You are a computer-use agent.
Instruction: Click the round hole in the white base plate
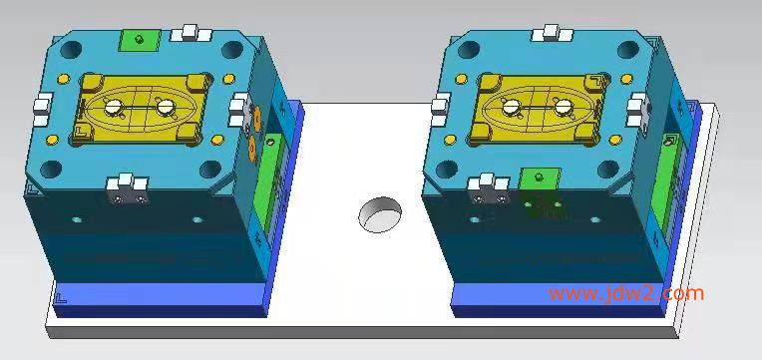(381, 214)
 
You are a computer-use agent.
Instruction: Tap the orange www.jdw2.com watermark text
(626, 294)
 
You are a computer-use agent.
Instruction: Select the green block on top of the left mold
(140, 40)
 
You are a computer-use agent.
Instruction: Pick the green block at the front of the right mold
(540, 180)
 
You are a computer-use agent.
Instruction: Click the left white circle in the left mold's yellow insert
(114, 106)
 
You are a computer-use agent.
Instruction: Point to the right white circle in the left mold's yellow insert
(166, 106)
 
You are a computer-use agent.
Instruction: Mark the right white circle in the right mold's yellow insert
(563, 107)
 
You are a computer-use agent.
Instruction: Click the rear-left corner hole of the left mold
(72, 49)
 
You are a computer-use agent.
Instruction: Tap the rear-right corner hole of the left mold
(232, 49)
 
